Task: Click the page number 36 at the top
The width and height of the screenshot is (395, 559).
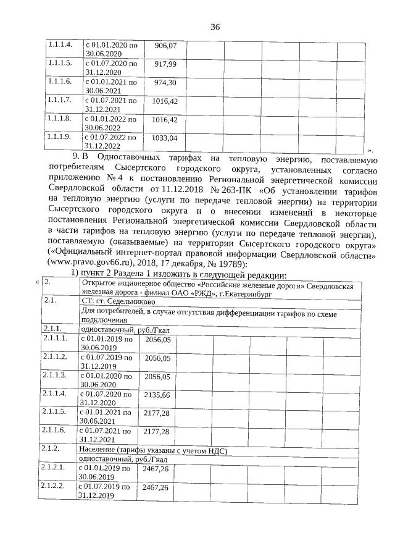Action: pos(215,27)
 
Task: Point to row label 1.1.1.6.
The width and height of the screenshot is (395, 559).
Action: pos(60,82)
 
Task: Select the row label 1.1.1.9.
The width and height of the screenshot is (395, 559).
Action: pos(60,137)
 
